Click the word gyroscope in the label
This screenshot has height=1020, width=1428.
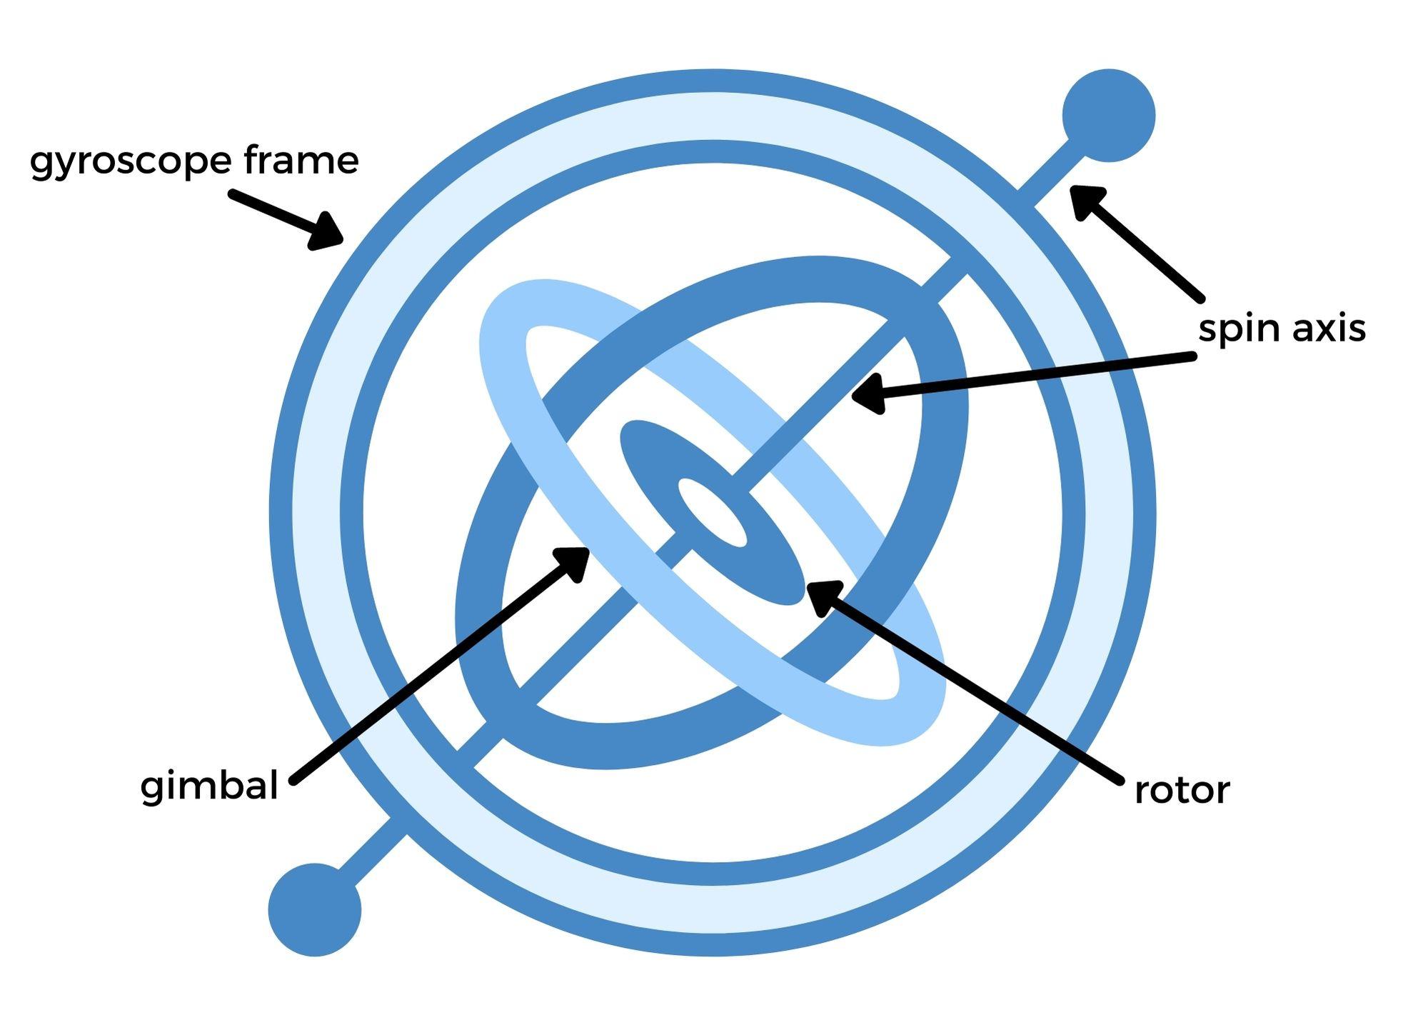pyautogui.click(x=130, y=161)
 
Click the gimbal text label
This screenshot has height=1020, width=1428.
pyautogui.click(x=208, y=786)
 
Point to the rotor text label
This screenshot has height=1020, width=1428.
pyautogui.click(x=1182, y=791)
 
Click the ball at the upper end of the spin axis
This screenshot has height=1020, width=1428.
pyautogui.click(x=1108, y=115)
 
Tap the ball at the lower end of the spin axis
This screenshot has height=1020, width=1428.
pyautogui.click(x=315, y=909)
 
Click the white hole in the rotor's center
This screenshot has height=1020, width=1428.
pyautogui.click(x=712, y=512)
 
